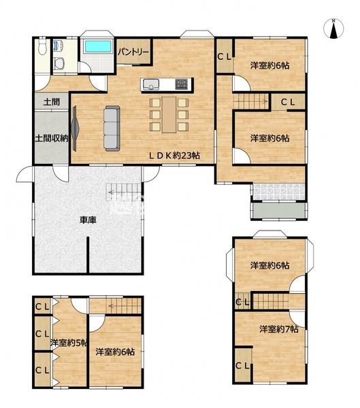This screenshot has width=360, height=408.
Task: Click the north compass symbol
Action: (333, 29)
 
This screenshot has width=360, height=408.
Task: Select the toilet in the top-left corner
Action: (42, 46)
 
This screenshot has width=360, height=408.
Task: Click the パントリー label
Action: (133, 52)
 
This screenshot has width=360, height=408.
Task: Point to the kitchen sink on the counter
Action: (151, 84)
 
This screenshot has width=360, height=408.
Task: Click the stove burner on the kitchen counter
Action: (181, 84)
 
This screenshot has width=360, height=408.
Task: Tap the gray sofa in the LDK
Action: (112, 129)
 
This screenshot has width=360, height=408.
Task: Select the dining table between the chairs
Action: (169, 114)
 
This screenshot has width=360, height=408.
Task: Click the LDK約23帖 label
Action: (174, 156)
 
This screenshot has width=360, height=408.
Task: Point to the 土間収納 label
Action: (52, 138)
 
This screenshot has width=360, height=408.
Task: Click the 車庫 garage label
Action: (88, 220)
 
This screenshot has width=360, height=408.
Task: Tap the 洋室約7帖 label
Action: (279, 329)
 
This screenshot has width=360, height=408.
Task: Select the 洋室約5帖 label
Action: (69, 343)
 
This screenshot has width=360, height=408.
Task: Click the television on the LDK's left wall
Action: (74, 129)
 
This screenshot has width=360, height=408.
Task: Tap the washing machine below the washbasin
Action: (59, 63)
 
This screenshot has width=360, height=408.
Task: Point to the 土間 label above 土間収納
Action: (51, 102)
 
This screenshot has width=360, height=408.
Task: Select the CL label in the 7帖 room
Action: (242, 366)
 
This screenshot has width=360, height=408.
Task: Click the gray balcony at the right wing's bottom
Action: (278, 210)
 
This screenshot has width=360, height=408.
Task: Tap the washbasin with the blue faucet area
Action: (59, 46)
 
